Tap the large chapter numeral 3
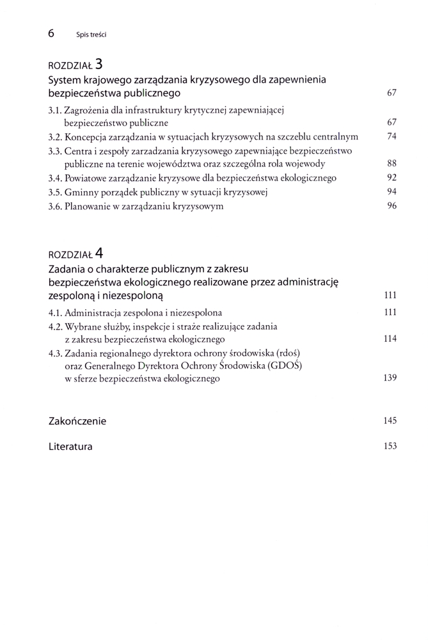click(99, 64)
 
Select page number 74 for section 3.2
click(392, 136)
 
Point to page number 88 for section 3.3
click(392, 164)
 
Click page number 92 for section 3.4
click(392, 178)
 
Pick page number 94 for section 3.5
click(392, 192)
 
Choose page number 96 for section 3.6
click(392, 206)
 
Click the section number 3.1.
click(55, 110)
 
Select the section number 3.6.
click(55, 206)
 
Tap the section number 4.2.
click(55, 326)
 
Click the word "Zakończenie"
click(77, 421)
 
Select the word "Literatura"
click(70, 447)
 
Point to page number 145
click(390, 420)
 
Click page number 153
click(390, 446)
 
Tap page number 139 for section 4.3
click(390, 378)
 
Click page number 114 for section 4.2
click(390, 339)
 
